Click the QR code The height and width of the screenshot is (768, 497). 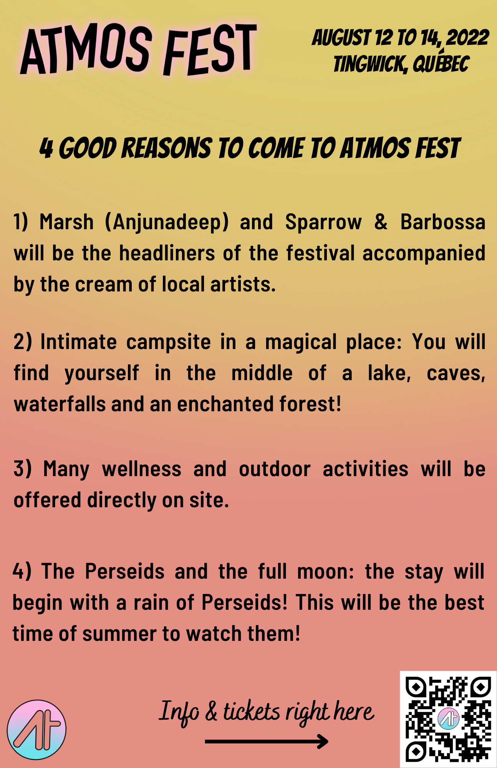tap(448, 719)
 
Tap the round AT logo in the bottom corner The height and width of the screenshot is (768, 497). tap(36, 729)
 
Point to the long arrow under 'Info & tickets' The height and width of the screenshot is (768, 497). tap(267, 741)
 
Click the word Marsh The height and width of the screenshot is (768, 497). tap(66, 222)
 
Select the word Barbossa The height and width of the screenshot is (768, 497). tap(443, 222)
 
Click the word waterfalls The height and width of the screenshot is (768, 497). tap(60, 404)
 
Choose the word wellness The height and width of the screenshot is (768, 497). tap(141, 469)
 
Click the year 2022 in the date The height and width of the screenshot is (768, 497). tap(468, 38)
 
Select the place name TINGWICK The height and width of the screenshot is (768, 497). tap(370, 64)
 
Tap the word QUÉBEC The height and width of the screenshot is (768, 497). tap(441, 62)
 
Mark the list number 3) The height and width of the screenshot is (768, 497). tap(22, 469)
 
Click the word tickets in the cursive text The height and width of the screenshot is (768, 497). tap(252, 711)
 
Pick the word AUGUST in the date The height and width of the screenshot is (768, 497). tap(341, 38)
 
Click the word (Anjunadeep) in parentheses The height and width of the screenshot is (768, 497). tap(167, 222)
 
